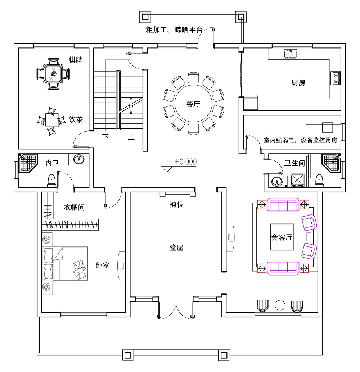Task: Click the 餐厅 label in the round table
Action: pos(193,104)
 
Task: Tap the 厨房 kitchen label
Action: pos(298,82)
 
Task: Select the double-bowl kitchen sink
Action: pos(290,54)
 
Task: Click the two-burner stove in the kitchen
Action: pos(336,78)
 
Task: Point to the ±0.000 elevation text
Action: pos(185,162)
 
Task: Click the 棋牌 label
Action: pos(76,60)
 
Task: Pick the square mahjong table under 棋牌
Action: pos(53,74)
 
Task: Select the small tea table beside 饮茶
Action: pos(51,120)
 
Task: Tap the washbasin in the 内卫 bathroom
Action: pos(78,159)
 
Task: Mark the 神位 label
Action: pos(176,204)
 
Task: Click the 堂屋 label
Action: pos(176,248)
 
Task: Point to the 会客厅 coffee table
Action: pos(282,237)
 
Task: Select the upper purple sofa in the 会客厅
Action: pos(283,204)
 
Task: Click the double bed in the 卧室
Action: pos(65,264)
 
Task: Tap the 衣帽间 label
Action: pos(74,207)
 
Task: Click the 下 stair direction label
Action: pos(105,137)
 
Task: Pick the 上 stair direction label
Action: pos(131,137)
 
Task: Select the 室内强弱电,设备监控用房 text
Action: pos(300,140)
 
